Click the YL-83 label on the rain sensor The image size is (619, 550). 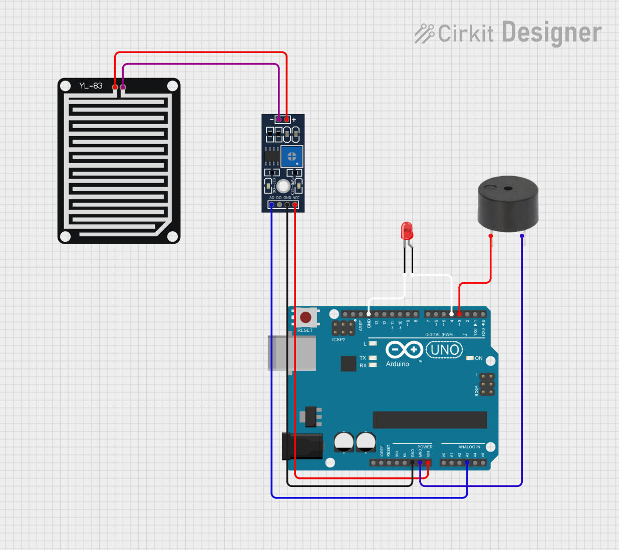[91, 86]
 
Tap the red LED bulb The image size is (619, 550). [407, 231]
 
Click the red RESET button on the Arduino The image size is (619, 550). [305, 317]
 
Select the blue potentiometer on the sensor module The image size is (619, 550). [291, 157]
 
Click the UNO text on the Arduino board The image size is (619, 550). [444, 349]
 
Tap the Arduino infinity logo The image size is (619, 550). [404, 349]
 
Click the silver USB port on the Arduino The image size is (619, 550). [292, 353]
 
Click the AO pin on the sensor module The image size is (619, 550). [271, 205]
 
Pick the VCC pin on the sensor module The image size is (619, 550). [295, 205]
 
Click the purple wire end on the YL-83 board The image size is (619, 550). [123, 88]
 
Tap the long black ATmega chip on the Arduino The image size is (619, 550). [430, 420]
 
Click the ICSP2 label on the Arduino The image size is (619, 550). [339, 340]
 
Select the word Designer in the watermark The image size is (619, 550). [551, 33]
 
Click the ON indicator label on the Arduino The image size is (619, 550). [479, 358]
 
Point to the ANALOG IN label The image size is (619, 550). [469, 447]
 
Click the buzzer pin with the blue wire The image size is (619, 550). [522, 236]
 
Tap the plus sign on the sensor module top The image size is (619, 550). [294, 120]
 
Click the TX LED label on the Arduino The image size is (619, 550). [363, 358]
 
